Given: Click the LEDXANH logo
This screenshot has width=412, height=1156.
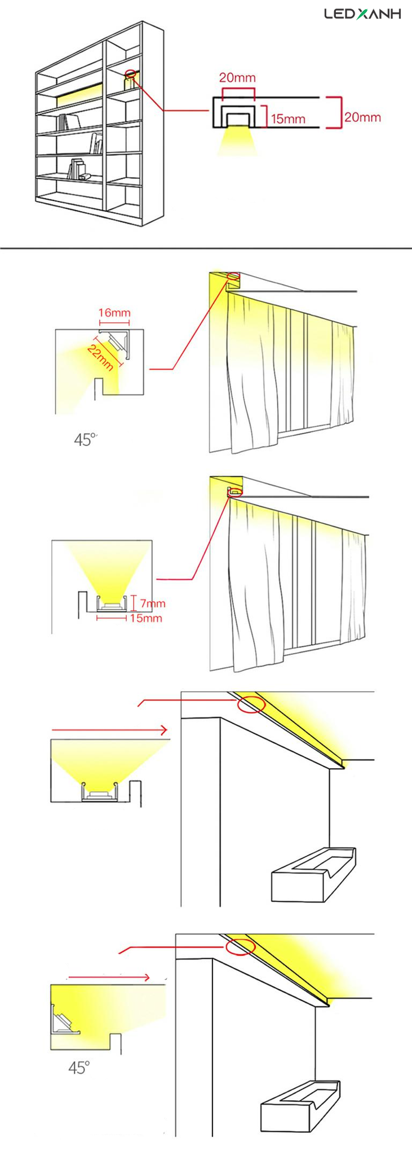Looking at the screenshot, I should pyautogui.click(x=362, y=14).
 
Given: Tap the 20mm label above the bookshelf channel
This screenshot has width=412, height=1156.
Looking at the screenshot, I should pyautogui.click(x=237, y=77).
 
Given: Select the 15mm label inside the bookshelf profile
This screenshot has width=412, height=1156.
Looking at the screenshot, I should pyautogui.click(x=288, y=119).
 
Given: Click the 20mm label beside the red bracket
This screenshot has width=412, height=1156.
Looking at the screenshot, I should pyautogui.click(x=362, y=117).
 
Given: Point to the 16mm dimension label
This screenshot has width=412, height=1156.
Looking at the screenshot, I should pyautogui.click(x=114, y=313).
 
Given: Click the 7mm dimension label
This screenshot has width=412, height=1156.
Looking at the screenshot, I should pyautogui.click(x=153, y=603).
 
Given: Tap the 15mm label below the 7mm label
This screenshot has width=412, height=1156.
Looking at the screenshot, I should pyautogui.click(x=145, y=618).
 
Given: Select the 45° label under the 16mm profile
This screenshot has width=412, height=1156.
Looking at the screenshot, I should pyautogui.click(x=85, y=440).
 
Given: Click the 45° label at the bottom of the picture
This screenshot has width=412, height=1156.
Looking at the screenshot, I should pyautogui.click(x=79, y=1067).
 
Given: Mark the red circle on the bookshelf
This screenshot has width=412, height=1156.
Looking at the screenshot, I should pyautogui.click(x=131, y=73).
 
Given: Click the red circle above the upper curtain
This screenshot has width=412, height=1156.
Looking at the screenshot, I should pyautogui.click(x=233, y=276).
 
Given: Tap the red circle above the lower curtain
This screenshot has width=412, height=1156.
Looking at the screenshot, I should pyautogui.click(x=235, y=492).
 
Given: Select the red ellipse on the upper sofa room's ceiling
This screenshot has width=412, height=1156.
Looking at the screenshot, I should pyautogui.click(x=251, y=704).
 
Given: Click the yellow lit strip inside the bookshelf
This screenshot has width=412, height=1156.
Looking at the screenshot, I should pyautogui.click(x=79, y=96).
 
